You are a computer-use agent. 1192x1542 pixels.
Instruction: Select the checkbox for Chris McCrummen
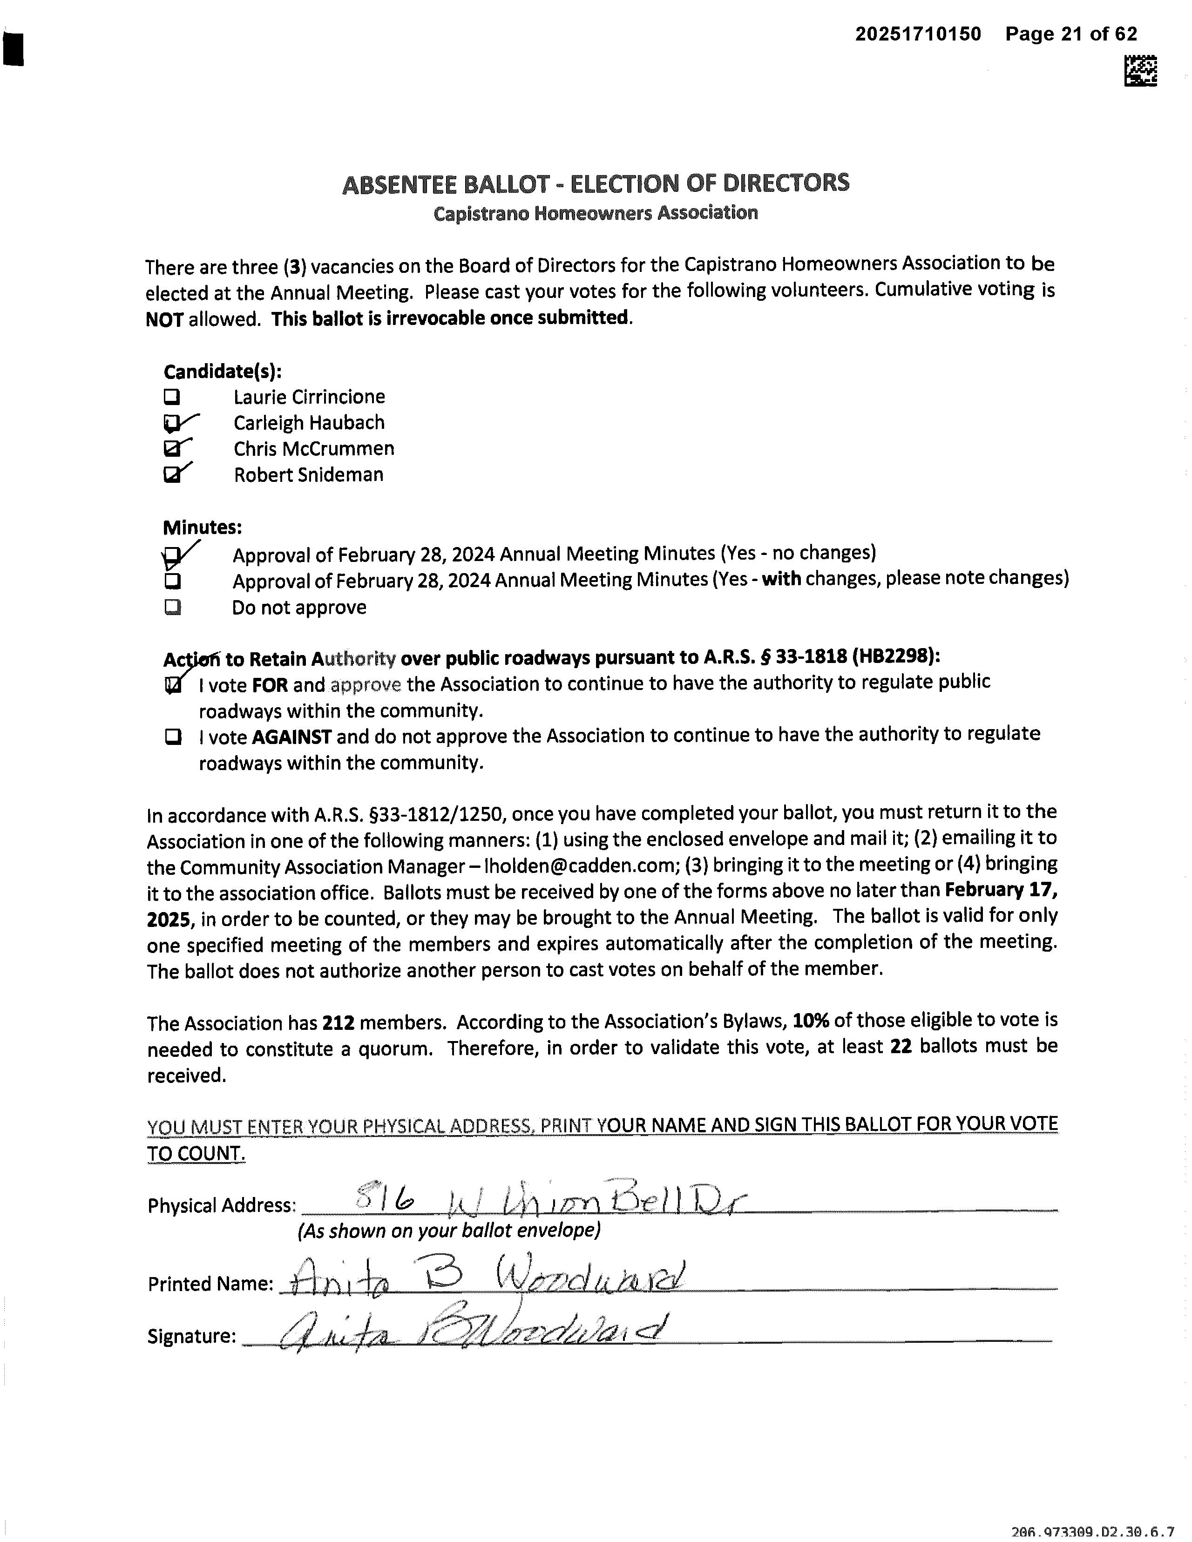172,449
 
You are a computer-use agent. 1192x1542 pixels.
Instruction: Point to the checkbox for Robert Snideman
172,475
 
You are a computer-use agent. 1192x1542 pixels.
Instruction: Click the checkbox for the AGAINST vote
172,737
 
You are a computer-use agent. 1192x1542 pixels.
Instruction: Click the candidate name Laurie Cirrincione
309,397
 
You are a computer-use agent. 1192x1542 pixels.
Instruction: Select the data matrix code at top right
1140,71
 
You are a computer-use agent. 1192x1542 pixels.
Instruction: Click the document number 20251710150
918,34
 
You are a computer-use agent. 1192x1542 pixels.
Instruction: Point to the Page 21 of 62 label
1071,34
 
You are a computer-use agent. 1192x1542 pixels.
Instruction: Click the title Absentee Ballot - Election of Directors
595,183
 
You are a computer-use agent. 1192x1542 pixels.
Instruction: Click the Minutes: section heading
203,528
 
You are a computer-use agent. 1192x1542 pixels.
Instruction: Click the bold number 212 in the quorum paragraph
338,1023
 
